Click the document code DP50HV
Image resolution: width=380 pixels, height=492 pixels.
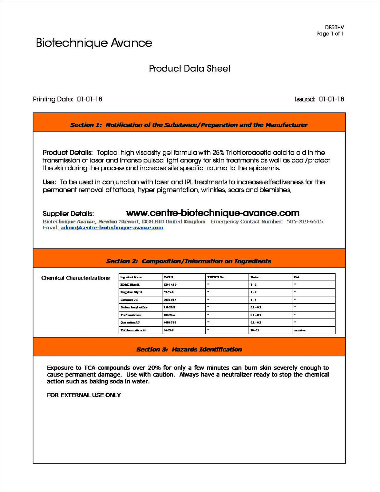pos(334,27)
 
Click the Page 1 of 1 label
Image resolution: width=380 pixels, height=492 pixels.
pos(330,34)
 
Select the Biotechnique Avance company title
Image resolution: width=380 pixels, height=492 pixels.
pos(94,43)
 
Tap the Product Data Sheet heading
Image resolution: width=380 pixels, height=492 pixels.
pos(190,69)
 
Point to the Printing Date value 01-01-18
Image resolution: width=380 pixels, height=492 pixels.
pos(89,99)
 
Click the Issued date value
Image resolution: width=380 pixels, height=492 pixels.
pos(331,99)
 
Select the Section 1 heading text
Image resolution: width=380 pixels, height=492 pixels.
pos(189,125)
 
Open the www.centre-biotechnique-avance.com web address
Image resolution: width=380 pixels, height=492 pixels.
pos(213,213)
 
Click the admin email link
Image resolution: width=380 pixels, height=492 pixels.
pos(112,228)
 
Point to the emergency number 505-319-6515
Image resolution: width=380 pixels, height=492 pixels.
pos(305,222)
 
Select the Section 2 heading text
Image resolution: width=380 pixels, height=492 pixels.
pos(189,261)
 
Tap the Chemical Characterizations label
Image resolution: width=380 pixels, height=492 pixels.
pos(75,278)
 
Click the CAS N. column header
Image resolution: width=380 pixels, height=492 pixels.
pos(169,277)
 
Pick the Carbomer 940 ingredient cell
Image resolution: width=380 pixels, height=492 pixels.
pos(129,300)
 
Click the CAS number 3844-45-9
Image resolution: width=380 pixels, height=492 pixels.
pos(170,285)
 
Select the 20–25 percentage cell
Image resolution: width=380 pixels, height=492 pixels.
pos(255,330)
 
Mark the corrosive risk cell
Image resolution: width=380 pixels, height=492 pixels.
pos(299,330)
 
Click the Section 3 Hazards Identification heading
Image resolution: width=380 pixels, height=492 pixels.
pos(189,350)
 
